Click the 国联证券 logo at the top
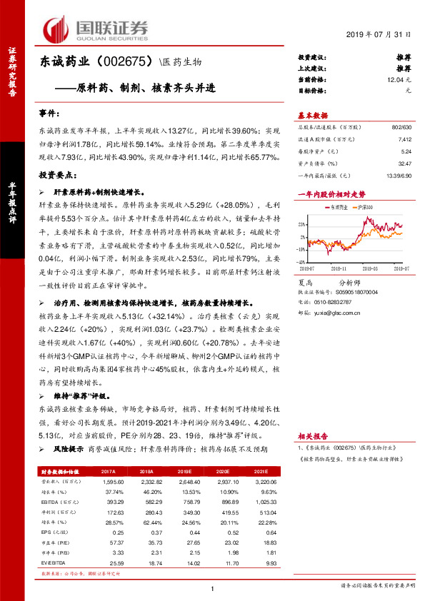pyautogui.click(x=96, y=29)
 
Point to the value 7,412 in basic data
pyautogui.click(x=404, y=141)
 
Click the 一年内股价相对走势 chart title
pyautogui.click(x=331, y=193)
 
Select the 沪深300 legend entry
pyautogui.click(x=365, y=208)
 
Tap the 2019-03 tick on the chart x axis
pyautogui.click(x=371, y=269)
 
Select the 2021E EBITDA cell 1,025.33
pyautogui.click(x=262, y=502)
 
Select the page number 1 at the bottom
pyautogui.click(x=213, y=589)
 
